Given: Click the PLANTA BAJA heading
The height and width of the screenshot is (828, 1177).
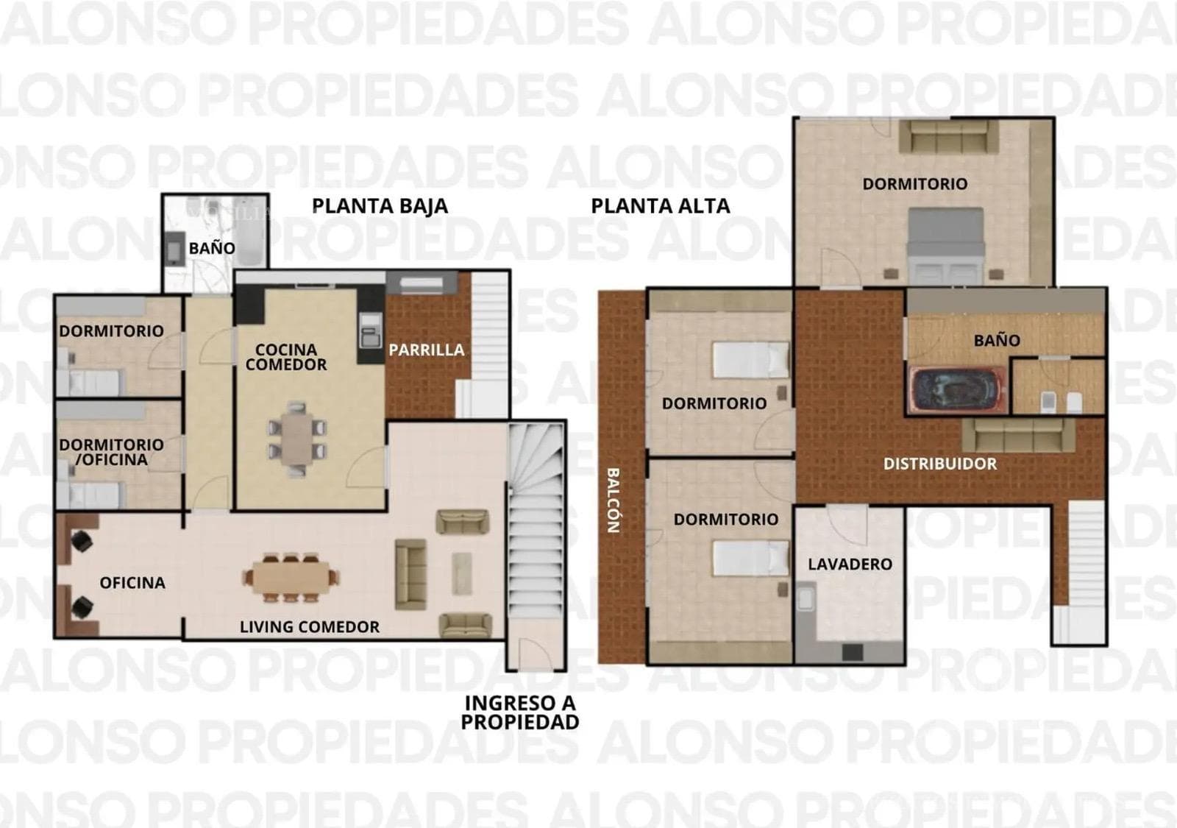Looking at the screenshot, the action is click(x=380, y=205).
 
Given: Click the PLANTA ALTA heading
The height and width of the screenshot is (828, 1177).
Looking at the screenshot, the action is click(x=661, y=205).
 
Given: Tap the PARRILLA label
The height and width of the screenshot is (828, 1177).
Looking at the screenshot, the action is click(x=427, y=350).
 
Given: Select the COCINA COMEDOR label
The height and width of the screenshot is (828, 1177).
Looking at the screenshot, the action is click(x=286, y=357).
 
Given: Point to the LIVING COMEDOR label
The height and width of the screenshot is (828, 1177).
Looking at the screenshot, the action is click(x=310, y=626).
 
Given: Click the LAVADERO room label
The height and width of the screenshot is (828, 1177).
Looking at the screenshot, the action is click(x=850, y=564).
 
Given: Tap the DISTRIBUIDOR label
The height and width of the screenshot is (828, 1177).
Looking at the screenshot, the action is click(x=940, y=464).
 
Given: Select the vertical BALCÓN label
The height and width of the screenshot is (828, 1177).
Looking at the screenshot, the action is click(x=614, y=500).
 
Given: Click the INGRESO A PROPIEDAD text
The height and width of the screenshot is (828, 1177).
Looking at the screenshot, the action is click(x=520, y=712).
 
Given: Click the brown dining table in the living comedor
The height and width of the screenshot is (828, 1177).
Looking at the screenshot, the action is click(x=291, y=578).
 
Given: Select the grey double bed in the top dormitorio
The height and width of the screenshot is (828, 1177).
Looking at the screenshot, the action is click(x=946, y=246).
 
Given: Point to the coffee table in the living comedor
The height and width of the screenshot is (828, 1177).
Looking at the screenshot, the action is click(x=462, y=573).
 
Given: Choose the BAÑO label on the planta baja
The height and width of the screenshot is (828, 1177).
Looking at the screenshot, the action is click(x=212, y=248).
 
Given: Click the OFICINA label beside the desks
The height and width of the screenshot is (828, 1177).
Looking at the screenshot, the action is click(x=132, y=582).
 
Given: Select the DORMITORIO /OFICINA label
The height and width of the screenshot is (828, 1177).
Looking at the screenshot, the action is click(x=111, y=452).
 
